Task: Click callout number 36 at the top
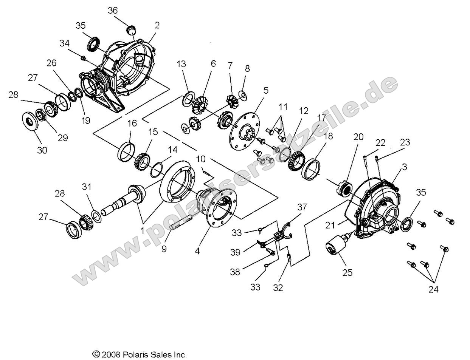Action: (113, 11)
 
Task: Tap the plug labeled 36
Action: (131, 29)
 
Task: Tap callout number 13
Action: (182, 64)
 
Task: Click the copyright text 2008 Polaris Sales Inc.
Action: (140, 355)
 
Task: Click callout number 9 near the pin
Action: (164, 249)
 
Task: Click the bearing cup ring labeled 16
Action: (126, 151)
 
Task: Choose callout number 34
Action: (65, 43)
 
